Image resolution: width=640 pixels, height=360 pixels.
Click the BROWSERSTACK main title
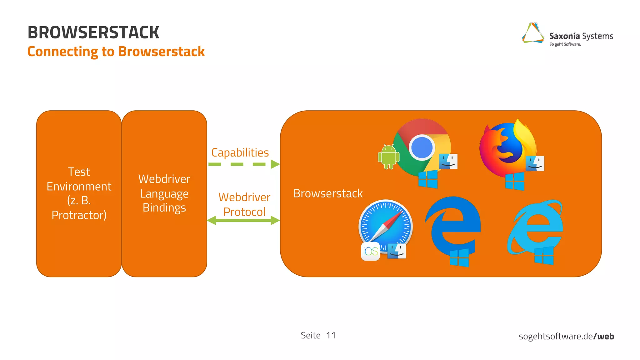click(93, 32)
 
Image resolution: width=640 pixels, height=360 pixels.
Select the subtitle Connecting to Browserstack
click(116, 52)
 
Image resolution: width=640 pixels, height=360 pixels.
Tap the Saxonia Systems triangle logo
click(532, 33)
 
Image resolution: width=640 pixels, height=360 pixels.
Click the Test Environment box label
click(79, 193)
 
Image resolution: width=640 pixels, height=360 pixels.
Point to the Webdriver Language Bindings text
click(164, 193)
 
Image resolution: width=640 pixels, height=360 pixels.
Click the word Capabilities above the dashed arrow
click(240, 152)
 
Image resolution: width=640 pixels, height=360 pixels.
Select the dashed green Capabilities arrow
click(243, 164)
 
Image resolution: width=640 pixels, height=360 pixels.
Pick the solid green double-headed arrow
click(243, 220)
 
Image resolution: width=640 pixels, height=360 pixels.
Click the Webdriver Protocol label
click(244, 204)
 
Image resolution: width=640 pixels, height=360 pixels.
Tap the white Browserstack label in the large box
click(328, 193)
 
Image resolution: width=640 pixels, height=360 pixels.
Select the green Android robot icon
click(388, 157)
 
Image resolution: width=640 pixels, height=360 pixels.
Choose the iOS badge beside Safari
click(370, 251)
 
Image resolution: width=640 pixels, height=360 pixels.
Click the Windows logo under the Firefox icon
click(514, 181)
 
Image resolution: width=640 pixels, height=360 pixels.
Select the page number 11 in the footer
click(331, 335)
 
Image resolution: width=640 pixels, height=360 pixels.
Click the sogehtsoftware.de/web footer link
click(566, 336)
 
